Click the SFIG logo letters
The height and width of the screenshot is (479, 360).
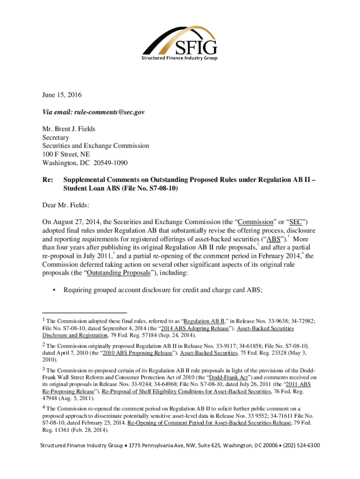tap(196, 47)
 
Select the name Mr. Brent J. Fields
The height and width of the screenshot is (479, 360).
tap(72, 129)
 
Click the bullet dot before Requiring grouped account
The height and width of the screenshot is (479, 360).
tap(55, 290)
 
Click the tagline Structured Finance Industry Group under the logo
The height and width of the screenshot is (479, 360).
tap(180, 58)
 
